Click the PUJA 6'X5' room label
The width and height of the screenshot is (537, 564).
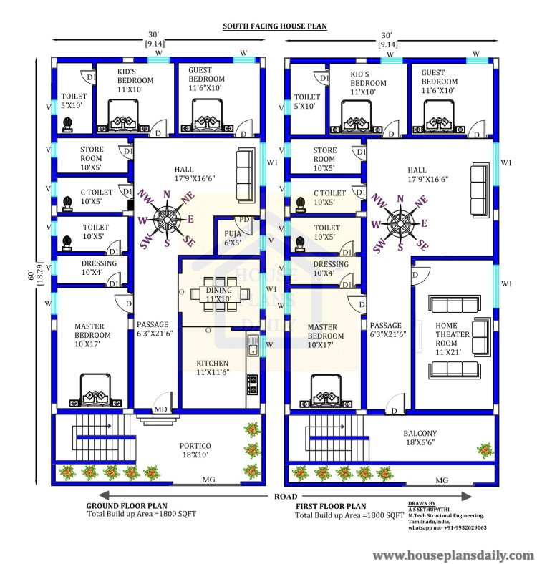[233, 238]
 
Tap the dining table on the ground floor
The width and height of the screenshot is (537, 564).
[220, 294]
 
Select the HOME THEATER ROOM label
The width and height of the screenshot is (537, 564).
[452, 339]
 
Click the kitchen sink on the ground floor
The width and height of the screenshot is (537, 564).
[253, 345]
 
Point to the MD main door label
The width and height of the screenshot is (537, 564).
[160, 409]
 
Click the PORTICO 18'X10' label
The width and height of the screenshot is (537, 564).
[195, 450]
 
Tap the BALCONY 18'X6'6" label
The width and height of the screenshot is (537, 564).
[420, 438]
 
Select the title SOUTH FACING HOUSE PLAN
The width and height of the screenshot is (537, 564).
[275, 26]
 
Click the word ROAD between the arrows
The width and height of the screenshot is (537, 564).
[286, 497]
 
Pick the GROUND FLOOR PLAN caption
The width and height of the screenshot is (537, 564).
[127, 505]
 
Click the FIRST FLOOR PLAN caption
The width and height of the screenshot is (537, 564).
[331, 506]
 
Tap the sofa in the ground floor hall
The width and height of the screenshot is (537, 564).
[243, 177]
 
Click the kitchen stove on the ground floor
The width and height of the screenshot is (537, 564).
[252, 384]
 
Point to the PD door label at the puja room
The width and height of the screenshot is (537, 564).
[244, 220]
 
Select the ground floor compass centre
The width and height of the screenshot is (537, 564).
[167, 218]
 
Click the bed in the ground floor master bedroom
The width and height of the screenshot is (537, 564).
[95, 390]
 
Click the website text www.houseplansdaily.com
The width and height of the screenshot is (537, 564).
[453, 555]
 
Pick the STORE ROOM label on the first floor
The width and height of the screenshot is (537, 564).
[324, 155]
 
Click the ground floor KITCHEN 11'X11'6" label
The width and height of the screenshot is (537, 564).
[213, 368]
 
